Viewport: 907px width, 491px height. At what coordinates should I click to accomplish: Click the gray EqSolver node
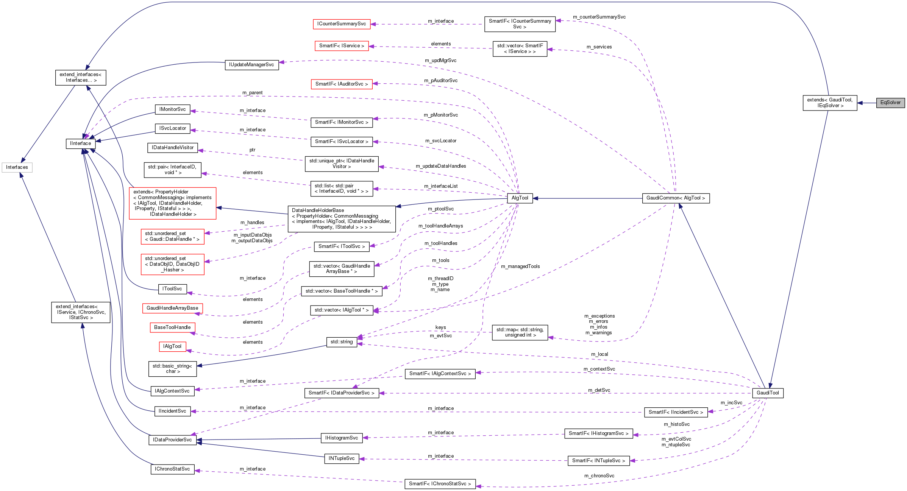(x=890, y=103)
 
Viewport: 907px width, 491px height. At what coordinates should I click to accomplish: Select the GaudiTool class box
(x=768, y=393)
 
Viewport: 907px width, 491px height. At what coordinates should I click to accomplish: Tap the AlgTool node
(x=520, y=198)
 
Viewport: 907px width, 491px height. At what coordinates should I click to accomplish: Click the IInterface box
(x=81, y=143)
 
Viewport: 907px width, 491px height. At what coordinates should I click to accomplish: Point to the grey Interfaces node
(x=17, y=167)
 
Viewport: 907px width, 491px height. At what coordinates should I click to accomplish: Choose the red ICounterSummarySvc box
(x=342, y=24)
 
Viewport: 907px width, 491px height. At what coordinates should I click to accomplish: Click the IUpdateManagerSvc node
(x=251, y=65)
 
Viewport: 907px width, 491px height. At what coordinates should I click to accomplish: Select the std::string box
(x=342, y=342)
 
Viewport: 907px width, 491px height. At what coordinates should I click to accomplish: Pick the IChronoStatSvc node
(x=172, y=469)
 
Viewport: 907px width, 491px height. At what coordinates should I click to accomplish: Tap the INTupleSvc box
(x=342, y=458)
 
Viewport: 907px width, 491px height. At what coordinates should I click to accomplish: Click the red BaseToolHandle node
(x=172, y=327)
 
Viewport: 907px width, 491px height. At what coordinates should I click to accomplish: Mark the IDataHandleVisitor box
(x=173, y=148)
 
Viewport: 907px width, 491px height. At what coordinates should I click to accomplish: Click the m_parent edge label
(x=252, y=93)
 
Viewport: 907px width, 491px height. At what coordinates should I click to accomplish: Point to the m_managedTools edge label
(x=520, y=267)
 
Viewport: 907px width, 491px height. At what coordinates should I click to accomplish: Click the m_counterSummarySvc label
(x=599, y=17)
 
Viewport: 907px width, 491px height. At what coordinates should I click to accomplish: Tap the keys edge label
(x=440, y=327)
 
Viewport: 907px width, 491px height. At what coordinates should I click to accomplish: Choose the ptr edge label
(x=252, y=150)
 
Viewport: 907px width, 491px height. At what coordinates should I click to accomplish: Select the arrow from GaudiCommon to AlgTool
(x=587, y=198)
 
